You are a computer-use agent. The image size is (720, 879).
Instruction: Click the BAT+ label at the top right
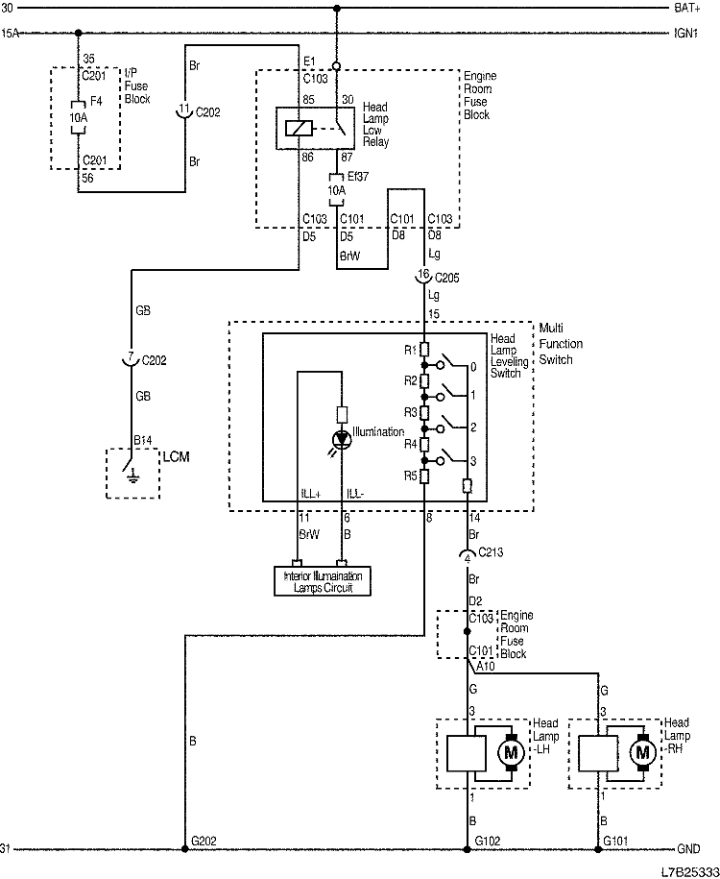[x=687, y=9]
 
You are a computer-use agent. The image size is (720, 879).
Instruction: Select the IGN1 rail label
[x=687, y=33]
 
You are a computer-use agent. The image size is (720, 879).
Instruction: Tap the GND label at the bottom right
[x=688, y=849]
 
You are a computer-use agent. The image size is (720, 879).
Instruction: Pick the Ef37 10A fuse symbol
[x=336, y=189]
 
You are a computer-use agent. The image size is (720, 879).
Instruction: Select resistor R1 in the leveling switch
[x=424, y=349]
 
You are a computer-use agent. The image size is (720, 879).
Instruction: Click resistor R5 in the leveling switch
[x=424, y=476]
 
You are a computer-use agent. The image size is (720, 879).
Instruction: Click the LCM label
[x=177, y=456]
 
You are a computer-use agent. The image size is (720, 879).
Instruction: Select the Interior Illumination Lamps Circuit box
[x=322, y=581]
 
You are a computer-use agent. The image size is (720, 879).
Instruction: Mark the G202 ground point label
[x=204, y=841]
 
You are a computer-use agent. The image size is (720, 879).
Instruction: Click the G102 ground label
[x=489, y=841]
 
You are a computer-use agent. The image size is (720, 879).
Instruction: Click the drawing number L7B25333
[x=686, y=870]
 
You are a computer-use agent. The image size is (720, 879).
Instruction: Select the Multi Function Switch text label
[x=561, y=343]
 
